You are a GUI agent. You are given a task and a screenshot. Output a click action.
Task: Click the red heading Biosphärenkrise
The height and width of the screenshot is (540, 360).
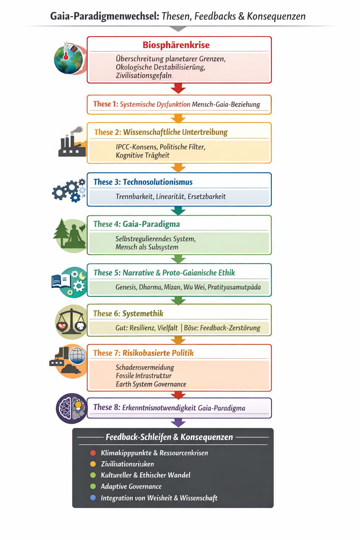[x=176, y=45]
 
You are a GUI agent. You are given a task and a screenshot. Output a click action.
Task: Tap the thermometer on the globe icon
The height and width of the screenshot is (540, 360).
[x=66, y=51]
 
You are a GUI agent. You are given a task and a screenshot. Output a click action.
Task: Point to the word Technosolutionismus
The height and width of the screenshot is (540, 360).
[x=157, y=182]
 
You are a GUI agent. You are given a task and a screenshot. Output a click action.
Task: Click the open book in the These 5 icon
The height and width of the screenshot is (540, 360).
[x=61, y=281]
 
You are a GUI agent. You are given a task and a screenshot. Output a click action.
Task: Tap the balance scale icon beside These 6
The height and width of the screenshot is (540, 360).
[x=72, y=321]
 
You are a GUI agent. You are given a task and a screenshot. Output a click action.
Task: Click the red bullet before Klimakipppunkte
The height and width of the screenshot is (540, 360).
[x=93, y=453]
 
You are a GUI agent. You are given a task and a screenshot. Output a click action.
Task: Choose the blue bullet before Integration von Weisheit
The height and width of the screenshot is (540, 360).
[x=93, y=498]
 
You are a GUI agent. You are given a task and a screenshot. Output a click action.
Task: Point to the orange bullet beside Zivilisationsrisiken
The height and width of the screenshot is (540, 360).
[x=93, y=464]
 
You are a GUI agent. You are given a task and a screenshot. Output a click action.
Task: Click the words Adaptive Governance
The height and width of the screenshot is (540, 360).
[x=131, y=487]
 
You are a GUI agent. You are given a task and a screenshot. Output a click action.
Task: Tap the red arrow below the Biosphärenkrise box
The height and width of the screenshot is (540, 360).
[x=178, y=88]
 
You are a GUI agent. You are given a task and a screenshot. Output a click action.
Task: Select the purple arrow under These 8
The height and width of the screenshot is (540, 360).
[x=178, y=422]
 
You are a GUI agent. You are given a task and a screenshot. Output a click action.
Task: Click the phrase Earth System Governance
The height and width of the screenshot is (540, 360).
[x=151, y=384]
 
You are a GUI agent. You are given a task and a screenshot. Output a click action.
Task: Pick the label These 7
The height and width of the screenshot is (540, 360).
[x=107, y=353]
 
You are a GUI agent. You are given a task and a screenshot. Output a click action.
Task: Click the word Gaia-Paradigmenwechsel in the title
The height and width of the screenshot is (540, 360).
[x=105, y=16]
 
